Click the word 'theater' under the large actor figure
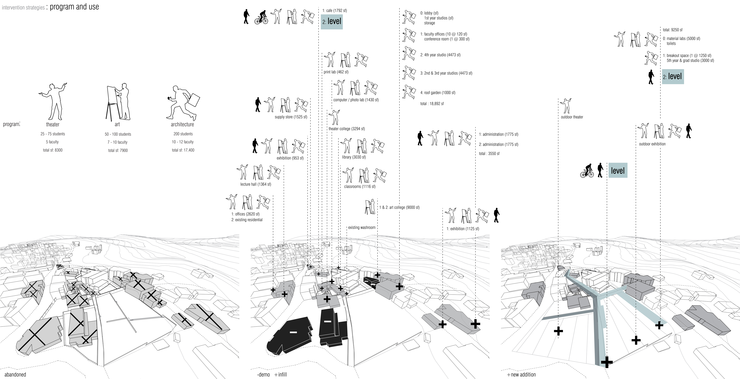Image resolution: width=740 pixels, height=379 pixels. coord(53,124)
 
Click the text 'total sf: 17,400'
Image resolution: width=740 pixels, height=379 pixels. coord(183,150)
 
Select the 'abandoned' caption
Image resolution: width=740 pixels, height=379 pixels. coord(15,374)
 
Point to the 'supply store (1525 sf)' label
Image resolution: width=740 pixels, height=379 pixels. coord(291,117)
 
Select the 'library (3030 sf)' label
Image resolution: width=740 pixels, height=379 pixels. coord(354,157)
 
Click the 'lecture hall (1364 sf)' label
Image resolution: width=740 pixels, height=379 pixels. coord(255,184)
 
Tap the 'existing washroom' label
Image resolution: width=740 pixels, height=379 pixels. coord(361,227)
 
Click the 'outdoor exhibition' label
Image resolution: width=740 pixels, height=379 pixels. coord(652,144)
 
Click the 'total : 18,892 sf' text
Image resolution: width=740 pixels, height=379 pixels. coord(432,104)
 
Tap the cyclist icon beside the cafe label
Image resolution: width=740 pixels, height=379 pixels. coord(261,18)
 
